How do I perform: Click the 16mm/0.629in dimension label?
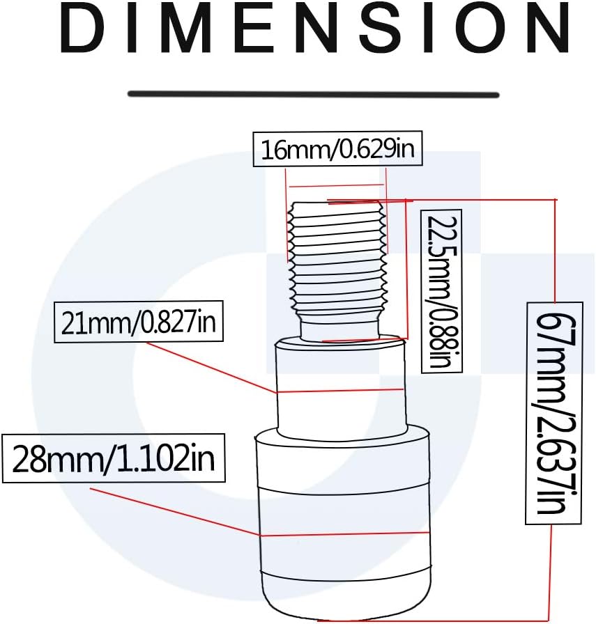tap(337, 149)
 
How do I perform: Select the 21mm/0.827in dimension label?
tap(138, 322)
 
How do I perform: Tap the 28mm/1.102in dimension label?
tap(114, 458)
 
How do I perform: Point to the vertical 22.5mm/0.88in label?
tap(441, 291)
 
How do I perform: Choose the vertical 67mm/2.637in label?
tap(553, 413)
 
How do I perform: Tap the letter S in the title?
tap(381, 27)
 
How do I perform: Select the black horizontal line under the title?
tap(313, 94)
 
